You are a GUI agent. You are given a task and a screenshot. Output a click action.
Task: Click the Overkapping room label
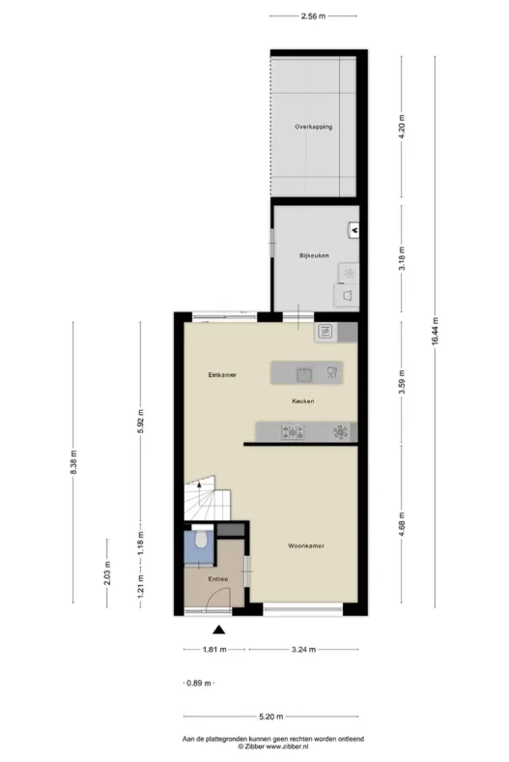tap(314, 127)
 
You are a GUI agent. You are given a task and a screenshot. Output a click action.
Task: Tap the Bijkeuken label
tap(314, 255)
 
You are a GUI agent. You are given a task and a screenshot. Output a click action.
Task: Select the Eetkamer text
tap(222, 374)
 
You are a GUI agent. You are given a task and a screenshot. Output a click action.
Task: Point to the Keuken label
tap(302, 401)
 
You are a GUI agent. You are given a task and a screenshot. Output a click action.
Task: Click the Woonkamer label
tap(306, 545)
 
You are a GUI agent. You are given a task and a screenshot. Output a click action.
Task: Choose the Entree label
tap(218, 579)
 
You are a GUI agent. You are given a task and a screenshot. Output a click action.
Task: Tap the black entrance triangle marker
tap(219, 630)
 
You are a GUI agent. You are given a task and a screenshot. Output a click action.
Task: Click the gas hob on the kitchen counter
tap(293, 431)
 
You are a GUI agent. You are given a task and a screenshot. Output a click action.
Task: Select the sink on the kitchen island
tap(304, 374)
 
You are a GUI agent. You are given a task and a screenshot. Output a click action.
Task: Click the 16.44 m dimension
tap(435, 331)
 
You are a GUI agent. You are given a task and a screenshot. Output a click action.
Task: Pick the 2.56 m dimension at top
tap(313, 16)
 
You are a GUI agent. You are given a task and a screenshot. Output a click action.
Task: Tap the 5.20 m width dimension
tap(270, 716)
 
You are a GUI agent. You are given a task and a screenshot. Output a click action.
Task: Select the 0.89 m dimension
tap(199, 683)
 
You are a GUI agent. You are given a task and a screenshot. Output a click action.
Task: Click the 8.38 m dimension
tap(73, 462)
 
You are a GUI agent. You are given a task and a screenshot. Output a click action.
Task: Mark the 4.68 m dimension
tap(401, 523)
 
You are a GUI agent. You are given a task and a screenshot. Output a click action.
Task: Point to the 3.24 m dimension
tap(303, 649)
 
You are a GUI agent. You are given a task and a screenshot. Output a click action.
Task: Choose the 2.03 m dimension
tap(107, 573)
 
